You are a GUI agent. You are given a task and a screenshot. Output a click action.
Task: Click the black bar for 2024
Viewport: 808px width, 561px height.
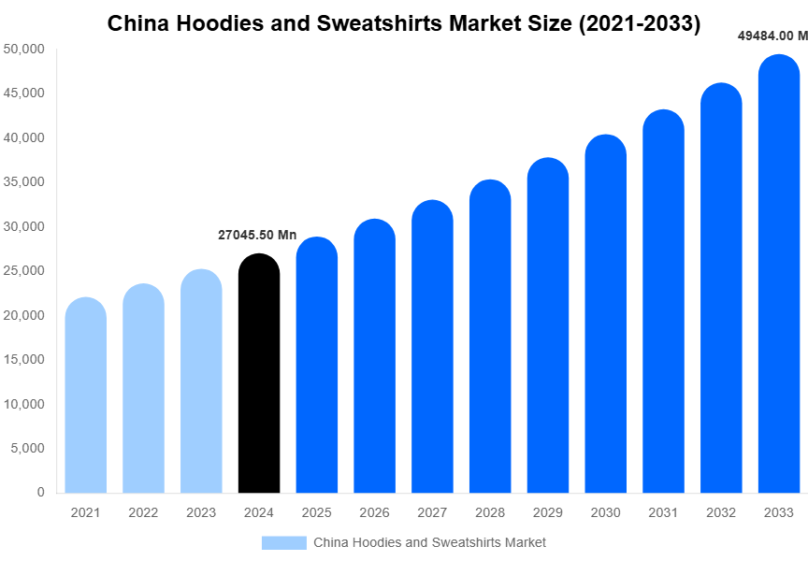point(259,374)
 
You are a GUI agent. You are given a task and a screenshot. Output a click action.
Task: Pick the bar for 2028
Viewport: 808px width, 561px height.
point(490,337)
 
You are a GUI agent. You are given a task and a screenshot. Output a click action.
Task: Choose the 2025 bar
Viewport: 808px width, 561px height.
point(317,366)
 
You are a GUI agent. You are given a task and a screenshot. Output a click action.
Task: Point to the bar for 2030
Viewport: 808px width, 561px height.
point(605,314)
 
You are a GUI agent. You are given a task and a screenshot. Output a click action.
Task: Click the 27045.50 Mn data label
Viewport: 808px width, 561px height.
point(257,236)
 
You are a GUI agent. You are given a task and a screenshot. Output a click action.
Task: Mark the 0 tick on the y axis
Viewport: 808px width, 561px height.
point(40,493)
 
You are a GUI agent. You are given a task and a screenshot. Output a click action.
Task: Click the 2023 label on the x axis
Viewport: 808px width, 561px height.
point(201,513)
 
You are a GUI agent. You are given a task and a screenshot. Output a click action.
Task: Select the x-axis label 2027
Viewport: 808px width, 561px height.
point(432,513)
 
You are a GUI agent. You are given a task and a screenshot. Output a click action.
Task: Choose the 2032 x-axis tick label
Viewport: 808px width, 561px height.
point(721,513)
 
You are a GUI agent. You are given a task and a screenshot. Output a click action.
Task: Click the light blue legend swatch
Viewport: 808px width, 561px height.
point(284,543)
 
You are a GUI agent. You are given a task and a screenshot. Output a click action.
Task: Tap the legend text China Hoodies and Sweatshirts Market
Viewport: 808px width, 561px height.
point(429,543)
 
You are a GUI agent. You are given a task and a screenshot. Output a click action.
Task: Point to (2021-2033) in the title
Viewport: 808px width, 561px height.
point(640,23)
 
